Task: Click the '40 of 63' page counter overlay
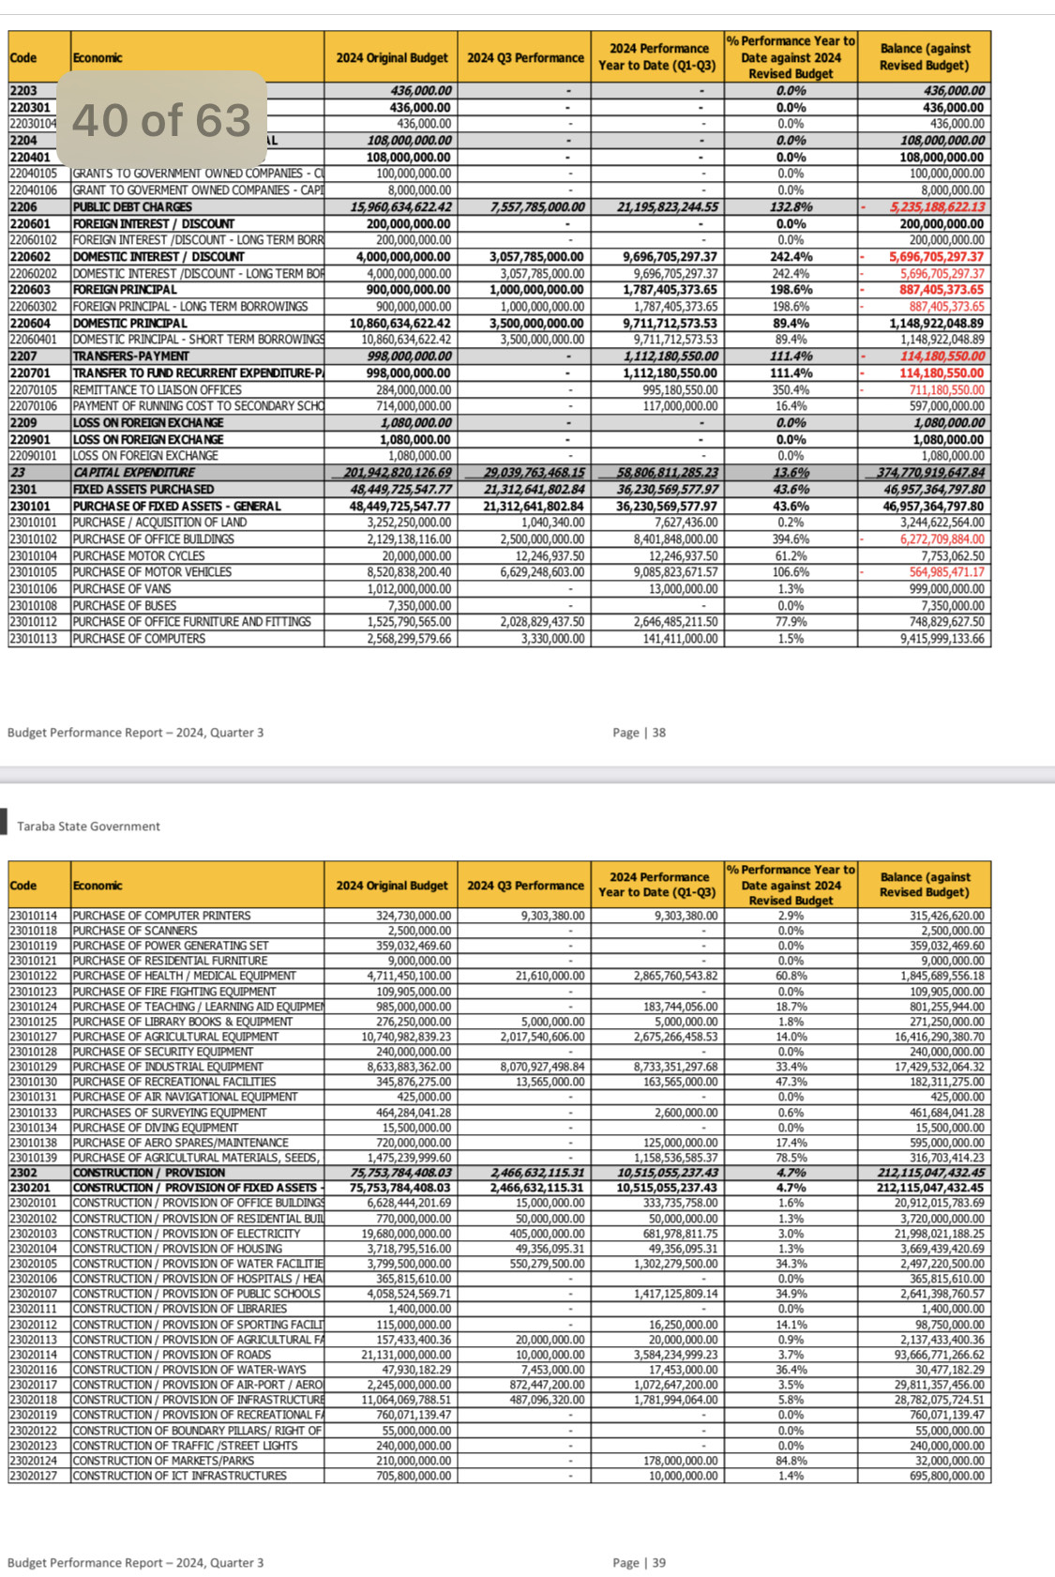point(161,120)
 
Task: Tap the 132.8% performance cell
point(791,207)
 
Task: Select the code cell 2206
point(23,207)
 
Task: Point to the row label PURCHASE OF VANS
point(121,589)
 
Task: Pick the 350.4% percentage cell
point(791,390)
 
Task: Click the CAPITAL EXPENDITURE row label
point(134,473)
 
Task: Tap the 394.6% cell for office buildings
point(791,539)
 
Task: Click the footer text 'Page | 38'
point(639,733)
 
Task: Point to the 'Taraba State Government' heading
point(88,826)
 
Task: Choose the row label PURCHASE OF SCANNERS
point(135,931)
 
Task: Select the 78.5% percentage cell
point(791,1158)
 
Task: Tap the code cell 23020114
point(34,1355)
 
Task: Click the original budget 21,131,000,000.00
point(395,1355)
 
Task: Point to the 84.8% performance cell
point(791,1461)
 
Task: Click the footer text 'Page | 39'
point(639,1563)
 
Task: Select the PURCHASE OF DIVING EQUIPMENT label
point(155,1128)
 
